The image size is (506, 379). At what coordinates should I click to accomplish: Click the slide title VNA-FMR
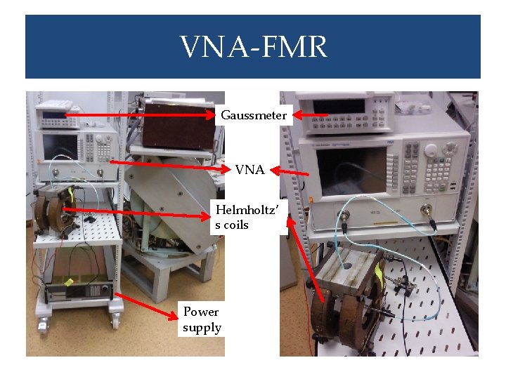(253, 48)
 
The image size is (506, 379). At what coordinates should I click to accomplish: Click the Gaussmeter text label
(253, 115)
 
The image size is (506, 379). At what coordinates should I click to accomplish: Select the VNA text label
(249, 169)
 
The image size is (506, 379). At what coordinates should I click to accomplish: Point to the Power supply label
(202, 319)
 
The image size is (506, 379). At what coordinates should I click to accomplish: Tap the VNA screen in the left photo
(63, 146)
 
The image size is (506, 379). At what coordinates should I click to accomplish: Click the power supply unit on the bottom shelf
(77, 288)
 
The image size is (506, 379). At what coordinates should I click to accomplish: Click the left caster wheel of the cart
(44, 325)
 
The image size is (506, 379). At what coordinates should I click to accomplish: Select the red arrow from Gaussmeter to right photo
(310, 114)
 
